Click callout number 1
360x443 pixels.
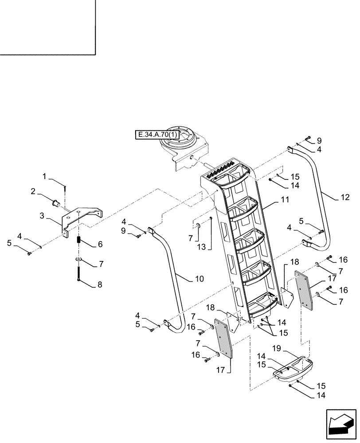(x=45, y=176)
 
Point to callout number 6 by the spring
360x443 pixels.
(x=100, y=244)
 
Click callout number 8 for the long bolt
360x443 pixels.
(x=99, y=284)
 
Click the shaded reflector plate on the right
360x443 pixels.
(x=305, y=291)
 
